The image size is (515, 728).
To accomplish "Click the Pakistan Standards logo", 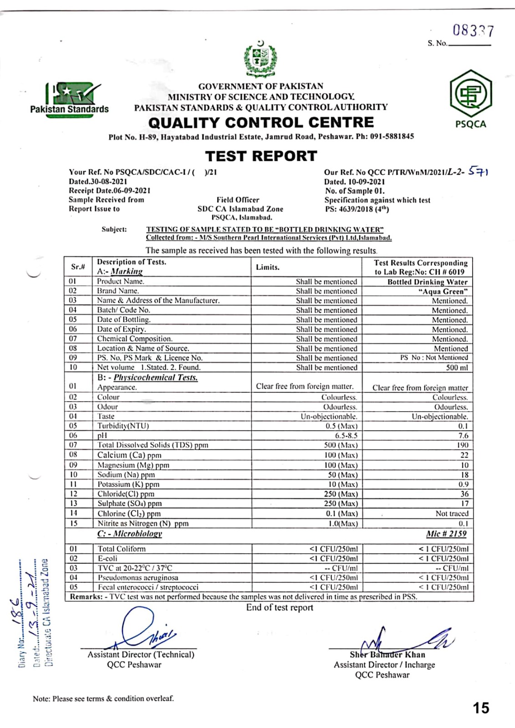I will click(x=70, y=99).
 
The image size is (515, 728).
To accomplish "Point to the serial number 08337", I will click(x=473, y=30).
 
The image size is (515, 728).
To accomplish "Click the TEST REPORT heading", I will click(x=261, y=156).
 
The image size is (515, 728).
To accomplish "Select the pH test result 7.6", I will click(x=463, y=435).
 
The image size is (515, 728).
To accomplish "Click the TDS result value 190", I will click(x=462, y=445).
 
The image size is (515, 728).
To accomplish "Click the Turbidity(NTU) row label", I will click(x=123, y=426).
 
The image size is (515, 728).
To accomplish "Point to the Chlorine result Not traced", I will click(x=452, y=513).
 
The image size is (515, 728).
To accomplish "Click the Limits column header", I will click(x=268, y=267).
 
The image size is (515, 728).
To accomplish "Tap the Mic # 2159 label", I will click(x=446, y=534).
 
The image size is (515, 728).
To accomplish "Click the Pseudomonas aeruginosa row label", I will click(x=138, y=577).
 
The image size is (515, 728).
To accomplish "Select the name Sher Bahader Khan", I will click(x=388, y=655).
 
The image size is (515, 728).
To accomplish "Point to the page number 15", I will click(x=481, y=708).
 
